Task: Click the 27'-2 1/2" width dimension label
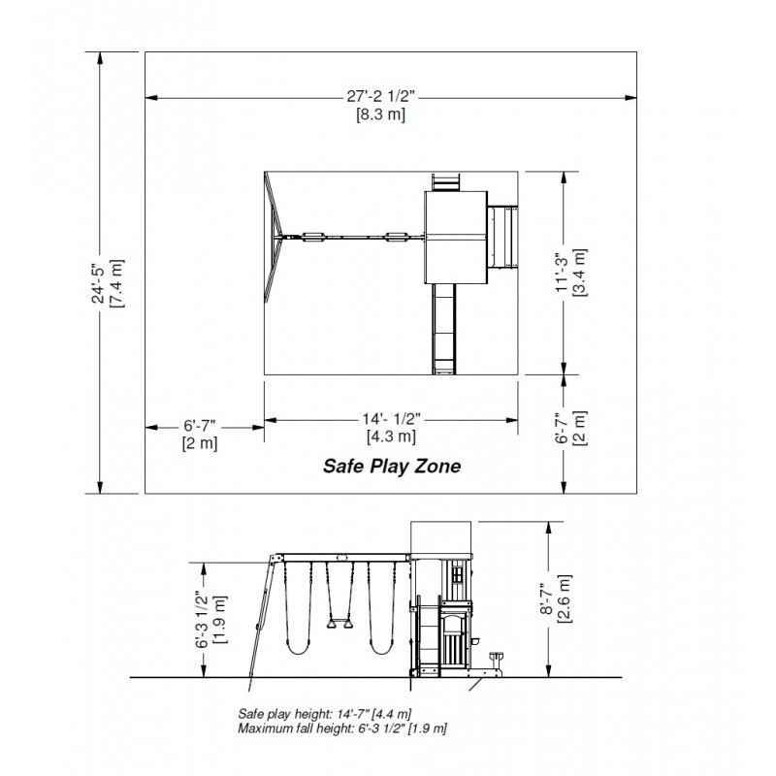click(380, 96)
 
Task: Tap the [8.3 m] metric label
click(380, 114)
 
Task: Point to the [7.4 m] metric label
click(116, 283)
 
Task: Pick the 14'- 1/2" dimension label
click(391, 419)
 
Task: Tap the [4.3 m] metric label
click(391, 436)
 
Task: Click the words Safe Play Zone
click(392, 466)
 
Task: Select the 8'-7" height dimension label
click(546, 598)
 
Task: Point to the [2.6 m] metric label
click(565, 598)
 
